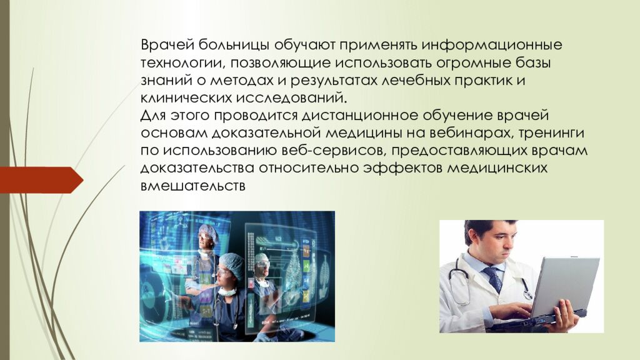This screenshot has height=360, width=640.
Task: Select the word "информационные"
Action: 491,46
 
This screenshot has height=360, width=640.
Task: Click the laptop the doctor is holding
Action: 562,285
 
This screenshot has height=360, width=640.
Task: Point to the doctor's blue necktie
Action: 493,278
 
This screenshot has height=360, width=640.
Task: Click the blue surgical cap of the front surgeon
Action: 231,265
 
